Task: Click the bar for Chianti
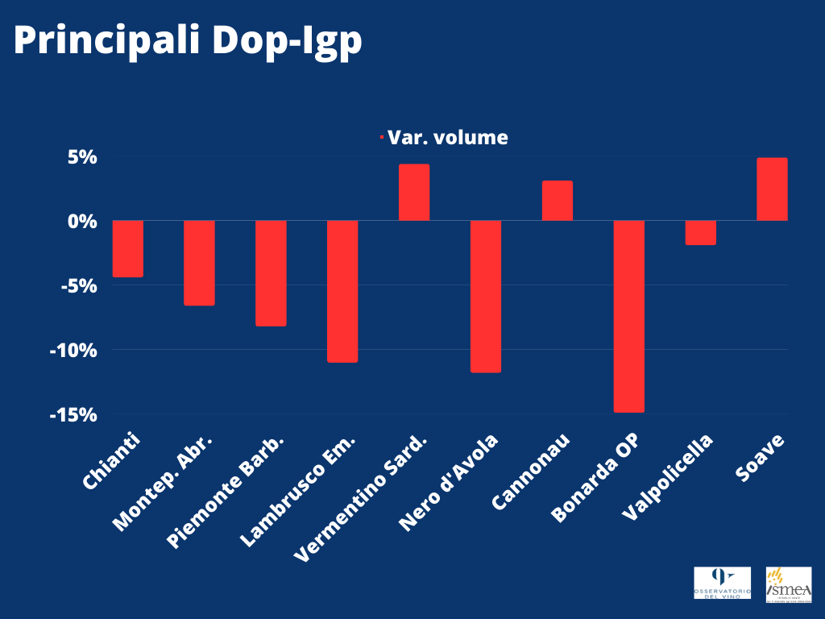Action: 128,248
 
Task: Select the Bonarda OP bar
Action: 629,316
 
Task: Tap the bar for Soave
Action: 772,189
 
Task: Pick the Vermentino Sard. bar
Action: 414,193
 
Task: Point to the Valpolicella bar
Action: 701,232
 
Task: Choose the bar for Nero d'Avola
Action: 486,296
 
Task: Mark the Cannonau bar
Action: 558,201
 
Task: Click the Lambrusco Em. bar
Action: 342,291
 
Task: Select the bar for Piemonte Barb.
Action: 271,273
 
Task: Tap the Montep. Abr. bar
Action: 199,263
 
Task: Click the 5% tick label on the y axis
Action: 82,157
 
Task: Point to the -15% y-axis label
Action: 73,414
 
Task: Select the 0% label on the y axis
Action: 82,221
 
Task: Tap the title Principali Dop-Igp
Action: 187,42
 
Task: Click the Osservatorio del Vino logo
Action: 722,583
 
